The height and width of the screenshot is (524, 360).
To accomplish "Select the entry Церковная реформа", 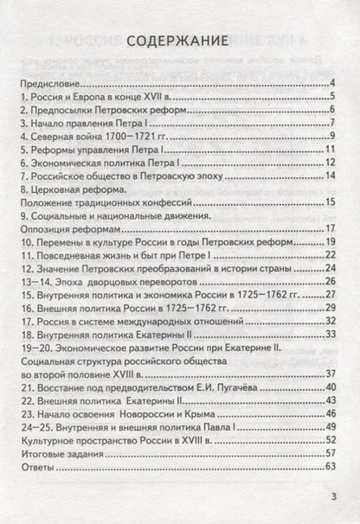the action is click(73, 189).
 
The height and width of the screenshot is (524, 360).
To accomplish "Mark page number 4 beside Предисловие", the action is click(332, 84).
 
